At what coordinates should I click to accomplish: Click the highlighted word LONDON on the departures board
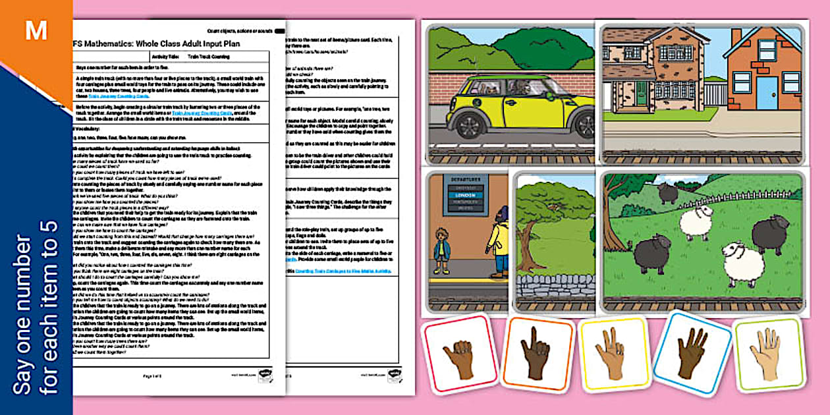coord(466,196)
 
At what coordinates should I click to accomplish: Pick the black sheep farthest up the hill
coord(668,192)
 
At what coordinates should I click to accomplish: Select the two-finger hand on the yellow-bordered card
coord(611,353)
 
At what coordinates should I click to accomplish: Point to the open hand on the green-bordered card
coord(767,354)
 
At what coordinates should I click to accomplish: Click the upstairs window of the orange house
coord(767,49)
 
